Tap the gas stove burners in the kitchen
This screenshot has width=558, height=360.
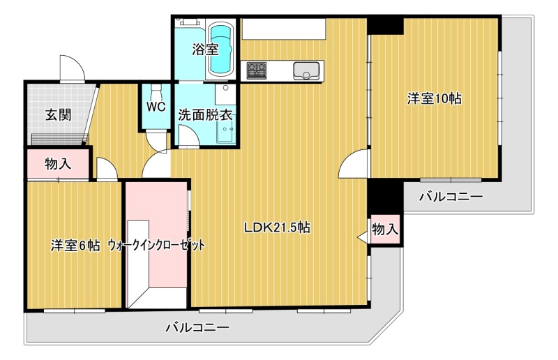(257, 70)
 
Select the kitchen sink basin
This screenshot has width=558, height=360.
(306, 70)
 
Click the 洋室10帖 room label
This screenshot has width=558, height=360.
(435, 98)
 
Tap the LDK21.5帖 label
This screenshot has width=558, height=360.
(276, 227)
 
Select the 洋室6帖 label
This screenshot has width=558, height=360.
(75, 246)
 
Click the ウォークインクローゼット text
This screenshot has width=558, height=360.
(156, 246)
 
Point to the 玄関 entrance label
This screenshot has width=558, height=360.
(58, 114)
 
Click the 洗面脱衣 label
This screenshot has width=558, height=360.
(205, 114)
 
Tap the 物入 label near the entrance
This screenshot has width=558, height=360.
(58, 164)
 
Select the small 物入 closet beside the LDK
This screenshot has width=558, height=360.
(385, 230)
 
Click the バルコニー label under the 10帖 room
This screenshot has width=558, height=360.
(451, 196)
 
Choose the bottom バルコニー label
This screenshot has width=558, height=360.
(197, 327)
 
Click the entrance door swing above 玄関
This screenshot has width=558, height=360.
(73, 68)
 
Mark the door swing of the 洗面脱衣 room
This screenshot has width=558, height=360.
(188, 136)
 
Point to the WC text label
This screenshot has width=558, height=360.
(156, 107)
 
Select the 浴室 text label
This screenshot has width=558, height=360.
(205, 50)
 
